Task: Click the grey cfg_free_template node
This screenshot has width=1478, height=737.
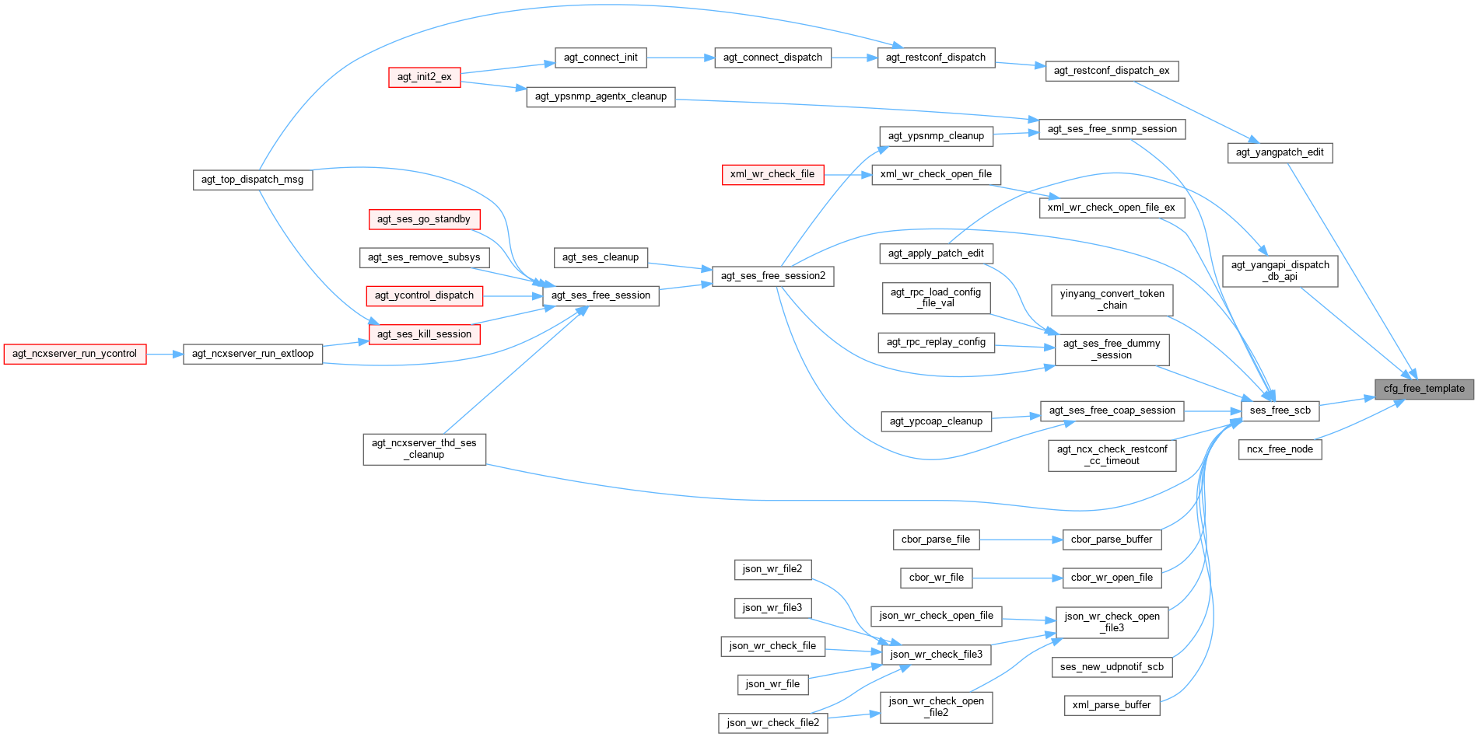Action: click(x=1424, y=389)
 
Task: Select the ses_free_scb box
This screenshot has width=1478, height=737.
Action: click(x=1280, y=410)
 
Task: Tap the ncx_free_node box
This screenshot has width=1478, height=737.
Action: click(x=1280, y=449)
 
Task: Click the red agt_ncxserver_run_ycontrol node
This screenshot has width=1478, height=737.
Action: click(x=75, y=354)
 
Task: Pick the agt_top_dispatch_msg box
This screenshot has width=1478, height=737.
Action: click(x=253, y=180)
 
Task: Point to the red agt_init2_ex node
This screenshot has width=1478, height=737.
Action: click(x=425, y=77)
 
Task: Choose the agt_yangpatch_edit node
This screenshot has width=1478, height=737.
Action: click(x=1280, y=152)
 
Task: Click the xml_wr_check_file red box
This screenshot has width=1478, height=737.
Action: click(x=772, y=174)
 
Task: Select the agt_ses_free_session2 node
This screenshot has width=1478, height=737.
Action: click(x=773, y=276)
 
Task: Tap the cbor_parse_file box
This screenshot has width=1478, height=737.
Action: click(x=936, y=540)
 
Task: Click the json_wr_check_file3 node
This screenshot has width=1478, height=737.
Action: click(x=936, y=655)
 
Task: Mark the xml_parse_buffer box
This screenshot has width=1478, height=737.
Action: click(x=1112, y=705)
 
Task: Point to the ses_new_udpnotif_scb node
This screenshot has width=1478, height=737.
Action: click(x=1112, y=667)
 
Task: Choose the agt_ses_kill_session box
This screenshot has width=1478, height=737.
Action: click(x=424, y=334)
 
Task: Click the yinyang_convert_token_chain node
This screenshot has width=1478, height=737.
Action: click(x=1112, y=299)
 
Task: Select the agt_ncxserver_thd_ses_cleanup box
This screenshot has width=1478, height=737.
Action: click(x=424, y=449)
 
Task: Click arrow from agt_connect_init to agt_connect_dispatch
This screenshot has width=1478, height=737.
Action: click(x=680, y=58)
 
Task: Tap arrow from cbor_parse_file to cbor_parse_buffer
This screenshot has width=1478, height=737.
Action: click(x=1021, y=540)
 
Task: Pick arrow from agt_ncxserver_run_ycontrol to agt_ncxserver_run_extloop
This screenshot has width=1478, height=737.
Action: click(x=165, y=355)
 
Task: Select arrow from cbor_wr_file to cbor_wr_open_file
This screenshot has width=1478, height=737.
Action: click(x=1017, y=578)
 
